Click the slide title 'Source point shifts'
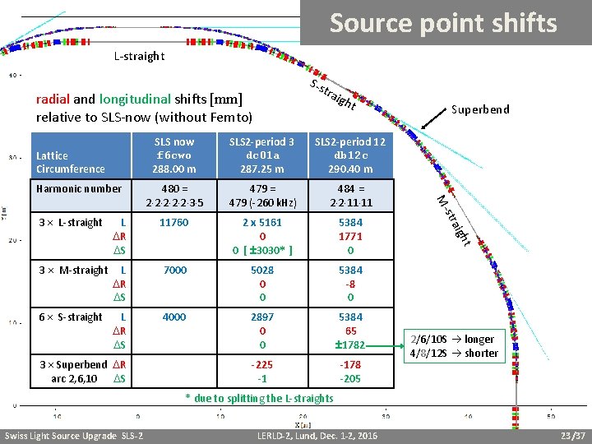click(443, 24)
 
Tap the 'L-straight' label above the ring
click(139, 57)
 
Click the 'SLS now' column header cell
click(174, 155)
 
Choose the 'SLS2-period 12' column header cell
click(350, 155)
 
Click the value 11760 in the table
click(174, 223)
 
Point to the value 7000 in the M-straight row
click(174, 271)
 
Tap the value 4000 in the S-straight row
click(174, 317)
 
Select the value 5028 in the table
click(262, 271)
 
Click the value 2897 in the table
click(262, 317)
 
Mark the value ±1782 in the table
click(350, 345)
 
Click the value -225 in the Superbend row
click(262, 364)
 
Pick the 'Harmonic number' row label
click(79, 189)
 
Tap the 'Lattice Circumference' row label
click(71, 162)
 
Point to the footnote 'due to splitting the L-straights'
click(259, 399)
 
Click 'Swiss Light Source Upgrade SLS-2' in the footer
click(74, 435)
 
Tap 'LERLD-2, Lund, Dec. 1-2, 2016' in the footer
click(317, 435)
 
